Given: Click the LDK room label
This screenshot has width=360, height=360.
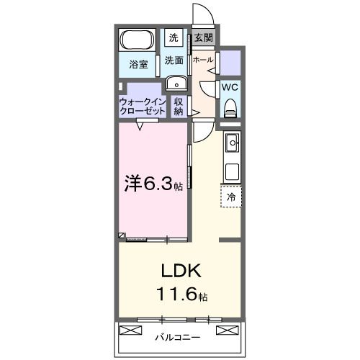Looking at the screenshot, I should pyautogui.click(x=180, y=271).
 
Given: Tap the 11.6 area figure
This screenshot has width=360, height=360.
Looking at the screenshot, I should pyautogui.click(x=180, y=294).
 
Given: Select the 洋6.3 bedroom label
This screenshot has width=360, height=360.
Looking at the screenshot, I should pyautogui.click(x=152, y=184).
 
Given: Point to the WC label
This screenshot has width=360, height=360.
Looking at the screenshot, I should pyautogui.click(x=230, y=87).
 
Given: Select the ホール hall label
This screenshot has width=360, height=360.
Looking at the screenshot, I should pyautogui.click(x=203, y=60).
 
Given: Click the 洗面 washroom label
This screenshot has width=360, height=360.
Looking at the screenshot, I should pyautogui.click(x=174, y=60).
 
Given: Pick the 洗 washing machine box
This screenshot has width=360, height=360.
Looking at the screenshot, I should pyautogui.click(x=174, y=37).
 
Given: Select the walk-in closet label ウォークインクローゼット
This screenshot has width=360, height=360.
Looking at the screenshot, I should pyautogui.click(x=142, y=107).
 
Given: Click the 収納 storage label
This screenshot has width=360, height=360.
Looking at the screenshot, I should pyautogui.click(x=179, y=107).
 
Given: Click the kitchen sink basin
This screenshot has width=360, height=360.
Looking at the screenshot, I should pyautogui.click(x=232, y=144).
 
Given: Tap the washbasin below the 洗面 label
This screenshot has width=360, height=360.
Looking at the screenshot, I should pyautogui.click(x=175, y=84).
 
